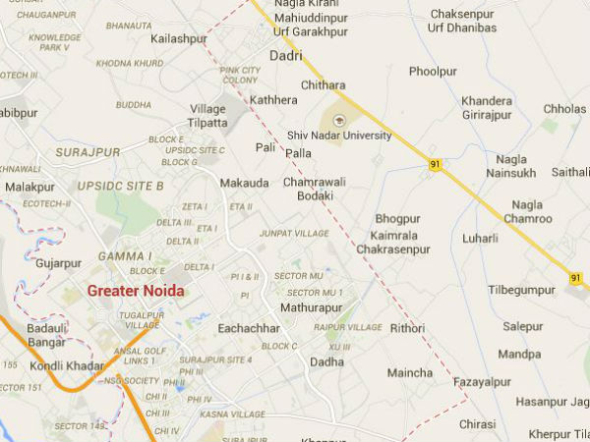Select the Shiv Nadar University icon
coord(340,119)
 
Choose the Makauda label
coord(243,183)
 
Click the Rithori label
coord(407,327)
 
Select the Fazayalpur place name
coord(482,381)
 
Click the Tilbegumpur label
coord(522,291)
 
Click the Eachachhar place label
coord(249,327)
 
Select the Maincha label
coord(409,372)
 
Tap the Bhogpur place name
coord(397,219)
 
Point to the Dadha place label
coord(327,361)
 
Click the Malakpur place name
coord(29,187)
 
